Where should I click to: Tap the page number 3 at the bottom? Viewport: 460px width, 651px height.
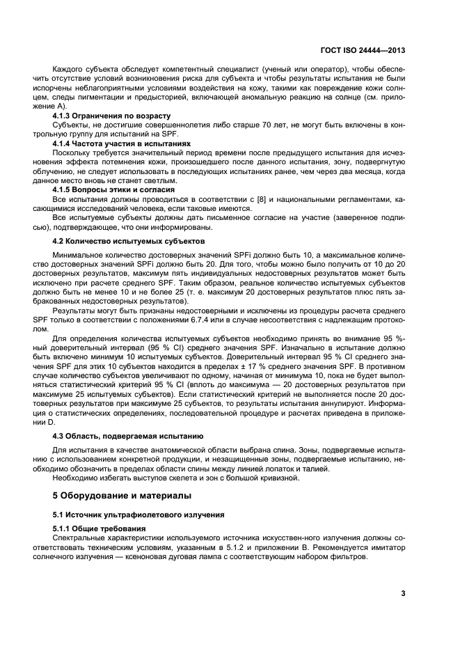click(x=403, y=593)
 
